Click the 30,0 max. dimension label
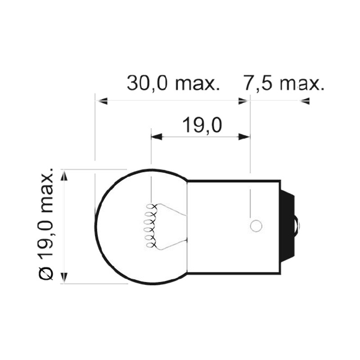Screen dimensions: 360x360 click(x=173, y=83)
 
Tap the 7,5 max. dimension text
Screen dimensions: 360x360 click(x=284, y=83)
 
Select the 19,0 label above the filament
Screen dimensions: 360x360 click(x=202, y=125)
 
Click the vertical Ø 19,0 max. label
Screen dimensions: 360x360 click(x=46, y=224)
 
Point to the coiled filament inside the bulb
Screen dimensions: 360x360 click(x=150, y=226)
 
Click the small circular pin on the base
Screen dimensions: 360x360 click(x=256, y=226)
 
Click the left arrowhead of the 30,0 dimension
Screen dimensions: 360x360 click(x=101, y=101)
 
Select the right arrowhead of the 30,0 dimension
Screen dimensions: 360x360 click(x=244, y=101)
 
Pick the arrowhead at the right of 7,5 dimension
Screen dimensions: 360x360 click(x=304, y=101)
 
